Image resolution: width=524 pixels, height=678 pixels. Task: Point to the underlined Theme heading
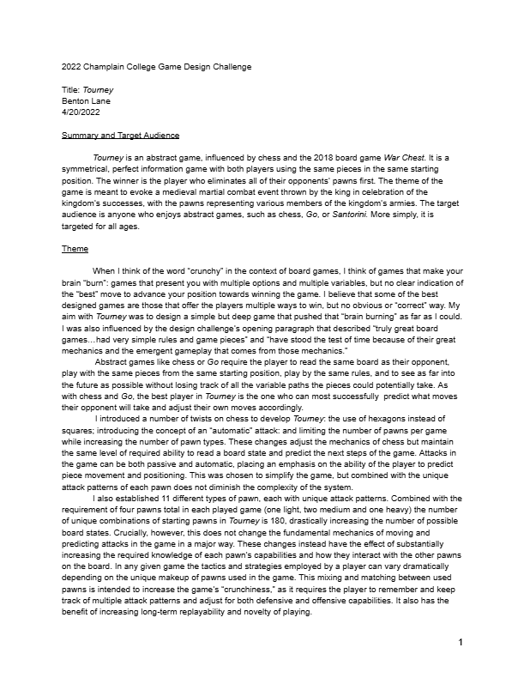75,249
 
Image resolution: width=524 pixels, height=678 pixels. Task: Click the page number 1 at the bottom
461,666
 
